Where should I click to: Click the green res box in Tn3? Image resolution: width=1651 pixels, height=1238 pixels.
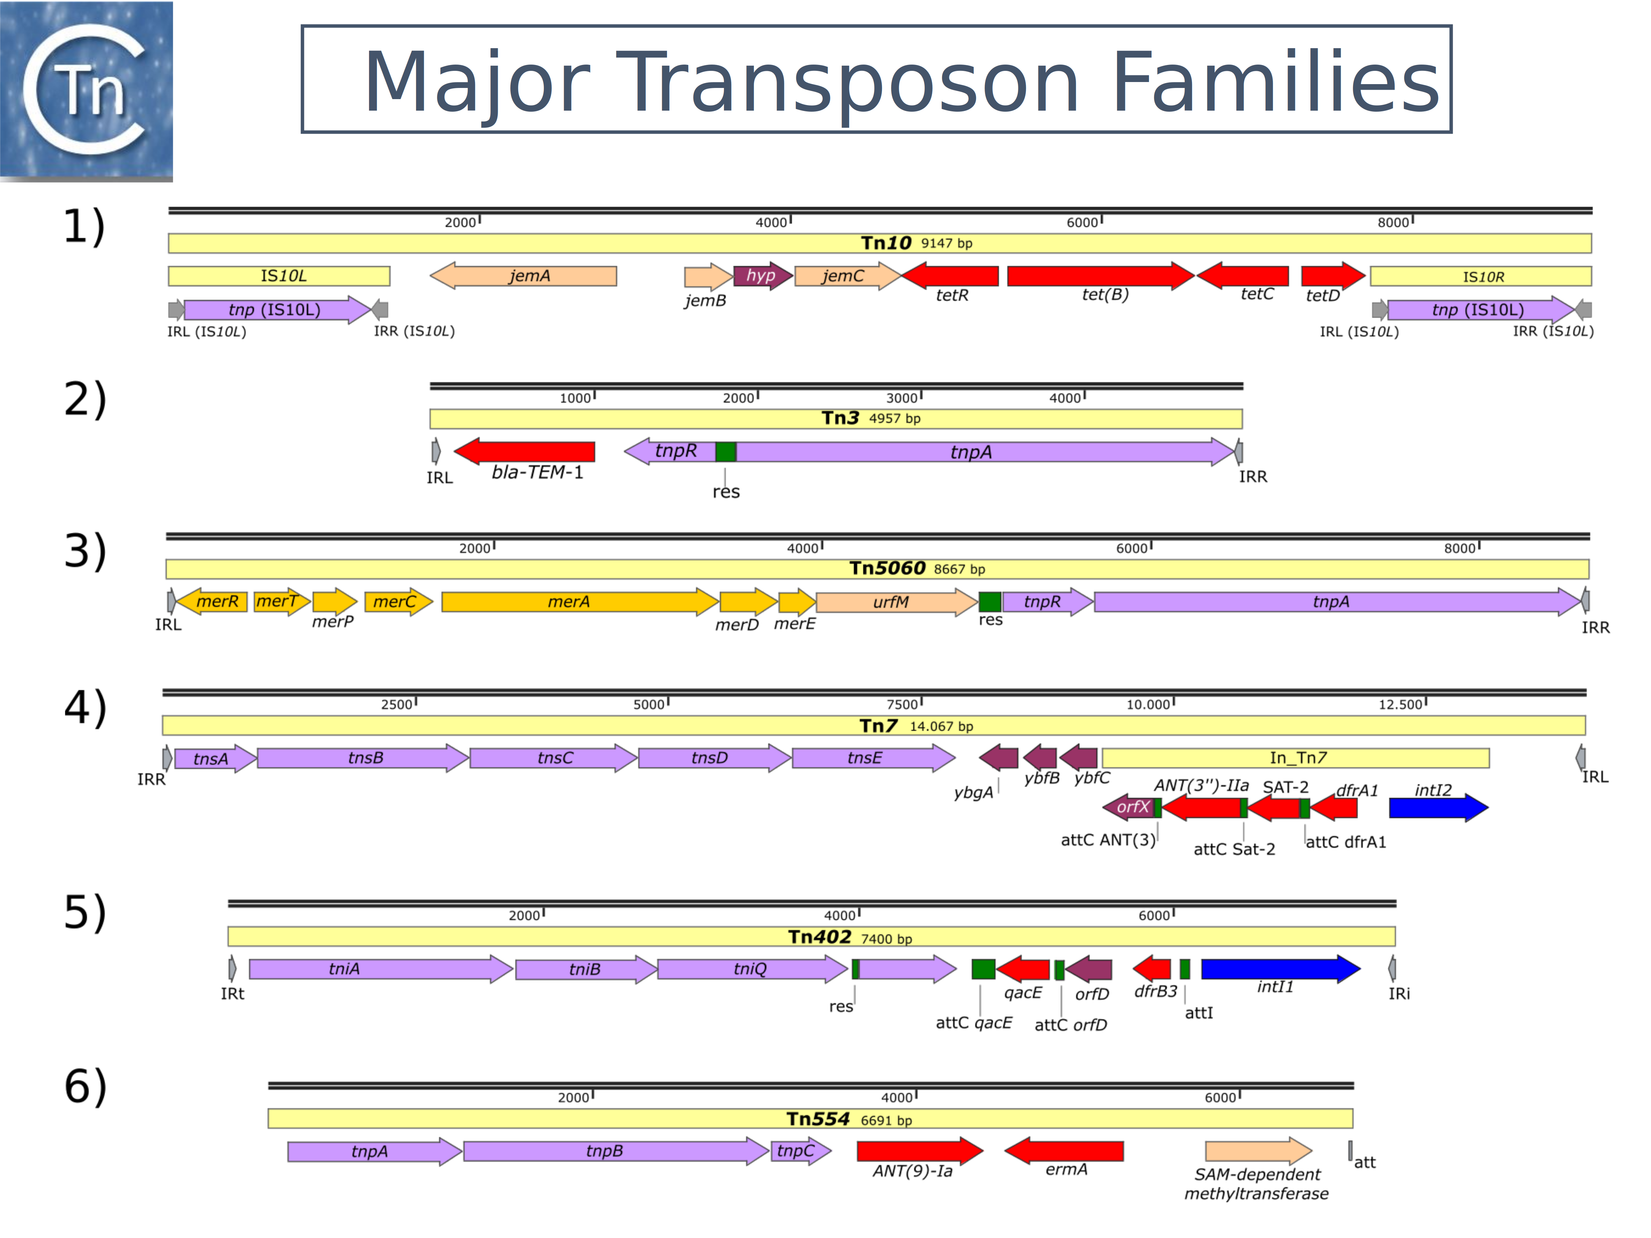pos(725,452)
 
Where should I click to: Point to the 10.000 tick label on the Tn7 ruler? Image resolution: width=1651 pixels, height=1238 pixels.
pos(1148,704)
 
